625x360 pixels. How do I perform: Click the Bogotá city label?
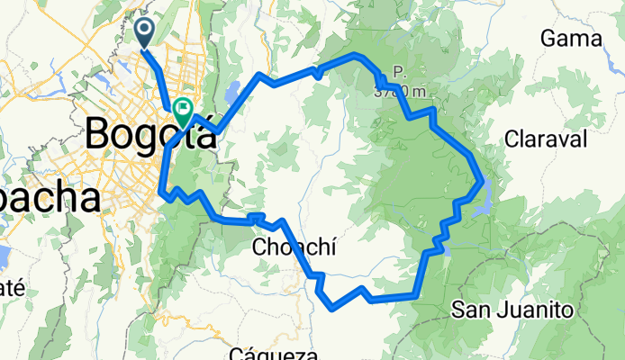click(x=150, y=137)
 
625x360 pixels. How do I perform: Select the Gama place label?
click(x=570, y=38)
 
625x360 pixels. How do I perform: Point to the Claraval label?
click(x=546, y=139)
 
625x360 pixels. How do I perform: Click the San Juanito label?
click(x=512, y=310)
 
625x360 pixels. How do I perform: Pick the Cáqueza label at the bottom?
click(x=274, y=354)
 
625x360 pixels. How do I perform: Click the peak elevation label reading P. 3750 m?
click(x=396, y=84)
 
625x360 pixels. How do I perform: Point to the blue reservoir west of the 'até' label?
click(x=3, y=258)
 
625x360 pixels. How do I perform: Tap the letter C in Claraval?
click(x=512, y=139)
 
